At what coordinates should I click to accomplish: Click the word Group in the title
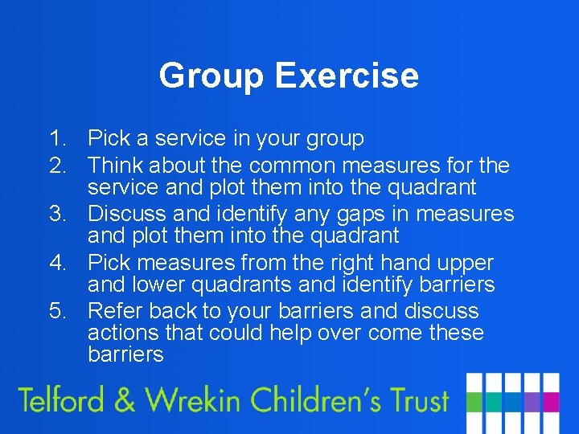tap(211, 76)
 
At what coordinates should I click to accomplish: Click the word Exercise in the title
tap(347, 76)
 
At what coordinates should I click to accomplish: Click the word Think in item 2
tap(115, 166)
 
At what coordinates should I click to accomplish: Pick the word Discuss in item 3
tap(126, 214)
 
